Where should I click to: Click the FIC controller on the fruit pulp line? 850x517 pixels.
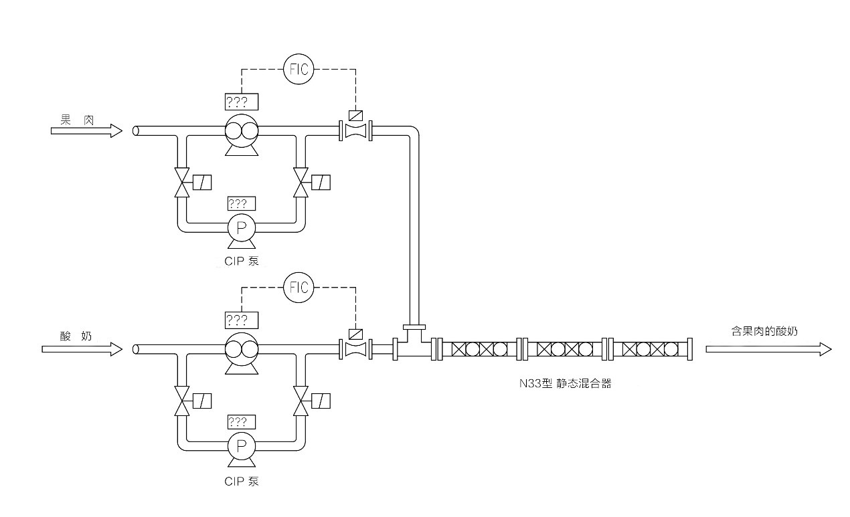pos(299,69)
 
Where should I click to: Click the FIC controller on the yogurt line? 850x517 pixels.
pos(299,288)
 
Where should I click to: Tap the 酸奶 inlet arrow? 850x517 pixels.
pos(82,348)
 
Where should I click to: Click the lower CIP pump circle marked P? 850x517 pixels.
pos(241,445)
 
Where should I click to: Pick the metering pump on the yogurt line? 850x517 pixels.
pos(241,348)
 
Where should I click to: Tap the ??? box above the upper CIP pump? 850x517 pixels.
pos(242,203)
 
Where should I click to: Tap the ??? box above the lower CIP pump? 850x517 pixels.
pos(242,422)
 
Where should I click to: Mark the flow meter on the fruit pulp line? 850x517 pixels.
pos(356,130)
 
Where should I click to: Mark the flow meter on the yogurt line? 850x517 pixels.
pos(356,348)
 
